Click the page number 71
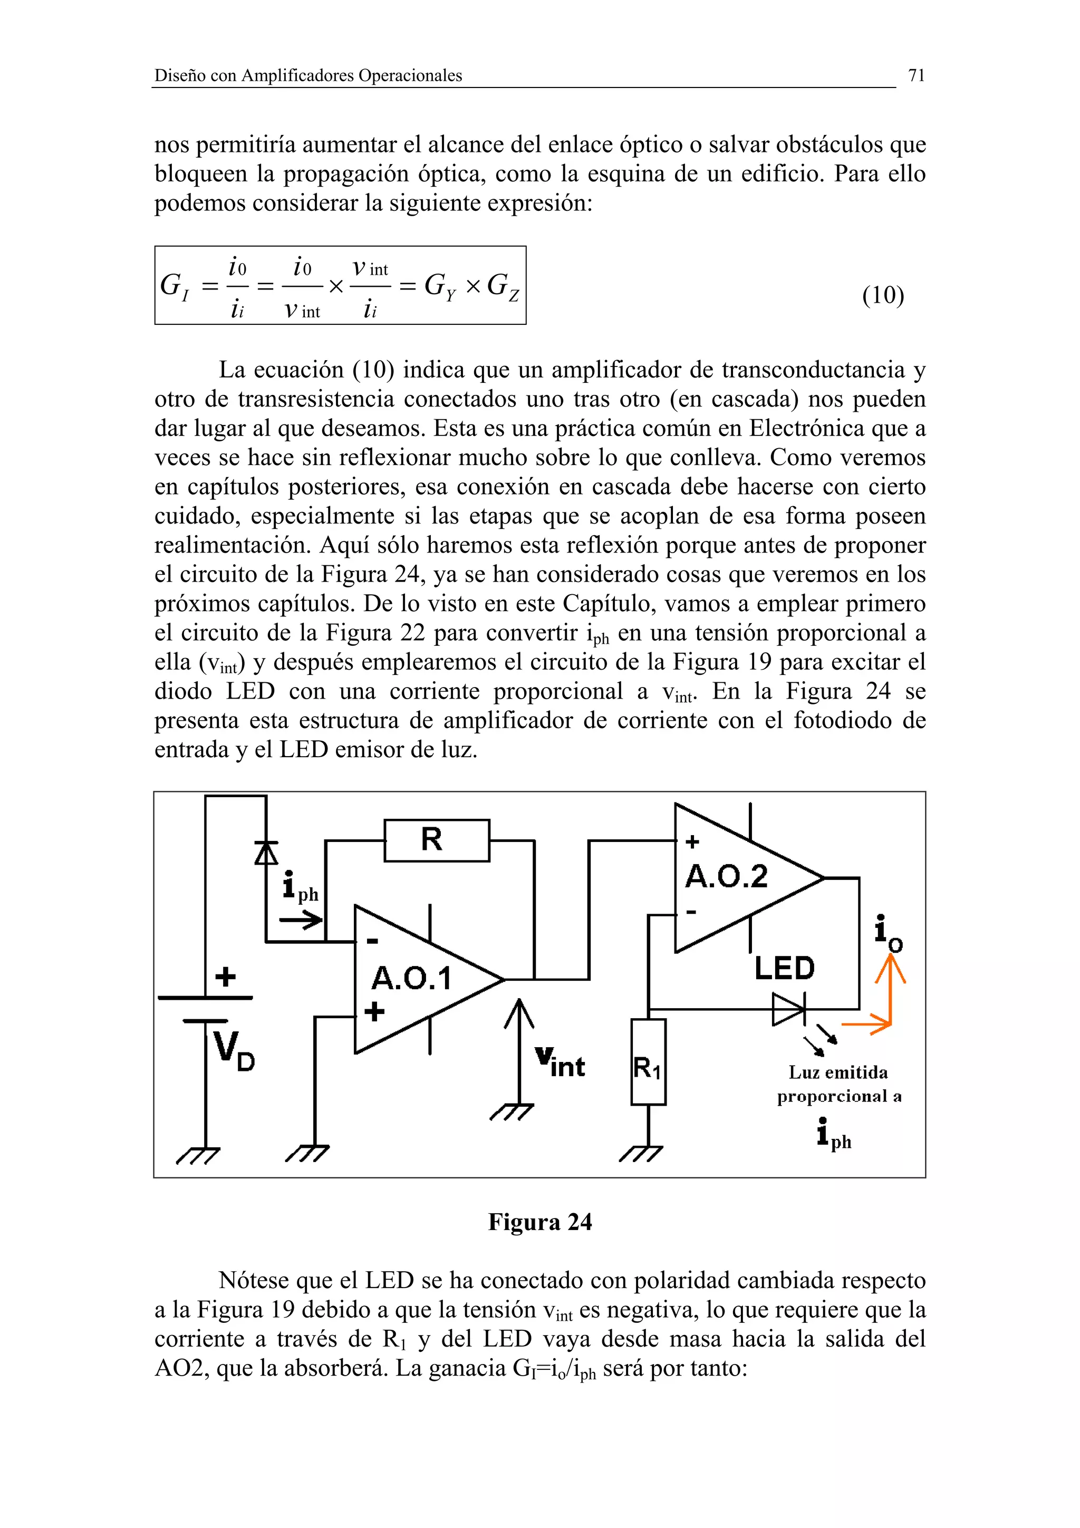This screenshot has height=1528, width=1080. pos(917,75)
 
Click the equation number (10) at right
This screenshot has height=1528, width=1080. pos(882,295)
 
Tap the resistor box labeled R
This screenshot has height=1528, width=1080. pos(437,840)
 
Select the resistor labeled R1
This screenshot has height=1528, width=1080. pos(648,1069)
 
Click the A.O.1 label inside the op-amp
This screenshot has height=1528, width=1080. pos(411,978)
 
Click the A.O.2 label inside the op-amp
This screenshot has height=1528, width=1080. pos(726,876)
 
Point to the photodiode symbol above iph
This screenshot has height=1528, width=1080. pos(266,853)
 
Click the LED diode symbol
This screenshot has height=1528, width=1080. pos(788,1009)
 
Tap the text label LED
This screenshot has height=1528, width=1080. pos(784,968)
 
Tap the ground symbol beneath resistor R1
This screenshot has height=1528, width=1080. pos(641,1153)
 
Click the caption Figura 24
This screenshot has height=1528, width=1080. pos(539,1222)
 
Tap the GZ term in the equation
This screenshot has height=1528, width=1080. pos(503,287)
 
